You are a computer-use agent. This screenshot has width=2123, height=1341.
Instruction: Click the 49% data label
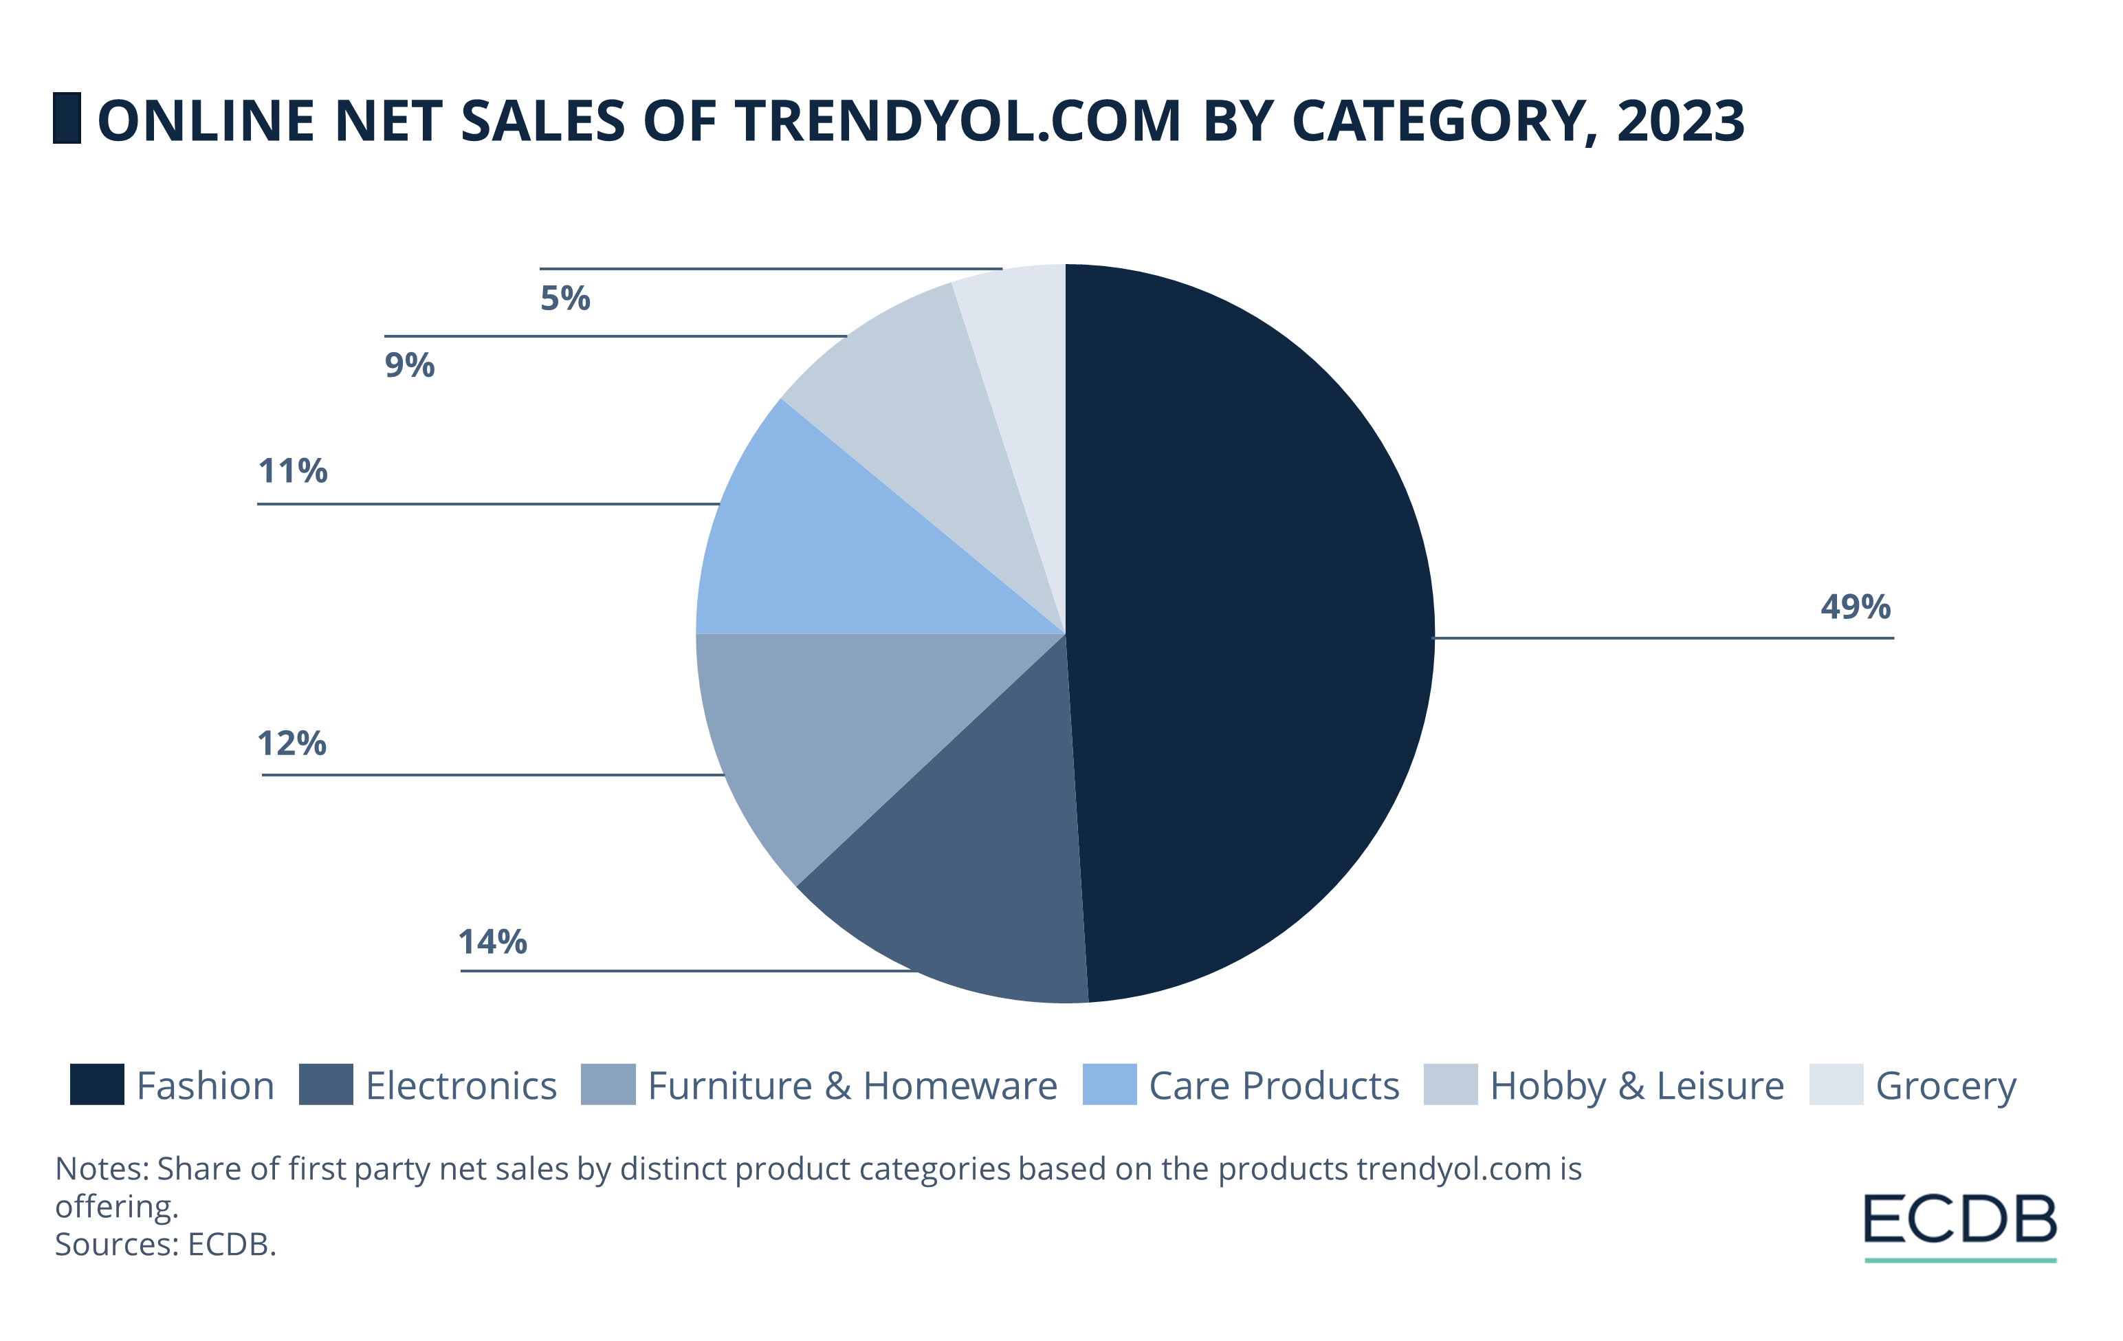pos(1855,607)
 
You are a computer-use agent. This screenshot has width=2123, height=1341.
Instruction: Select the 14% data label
pos(492,941)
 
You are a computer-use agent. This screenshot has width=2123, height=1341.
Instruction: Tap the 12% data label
pos(291,743)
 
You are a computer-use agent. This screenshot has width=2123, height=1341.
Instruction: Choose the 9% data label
pos(410,365)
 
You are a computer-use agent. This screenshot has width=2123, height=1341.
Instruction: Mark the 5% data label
pos(565,298)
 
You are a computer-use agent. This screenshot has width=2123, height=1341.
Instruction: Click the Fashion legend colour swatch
pos(97,1084)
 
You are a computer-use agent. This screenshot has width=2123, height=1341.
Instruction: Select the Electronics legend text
pos(461,1086)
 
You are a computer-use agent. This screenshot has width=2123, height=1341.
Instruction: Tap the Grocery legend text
pos(1945,1086)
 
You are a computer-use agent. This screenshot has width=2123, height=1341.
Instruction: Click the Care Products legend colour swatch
pos(1109,1084)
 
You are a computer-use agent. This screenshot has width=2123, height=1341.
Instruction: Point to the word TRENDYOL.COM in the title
pos(958,121)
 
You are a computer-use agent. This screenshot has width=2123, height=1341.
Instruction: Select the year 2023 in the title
pos(1680,121)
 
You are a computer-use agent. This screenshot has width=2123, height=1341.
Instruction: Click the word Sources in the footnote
pos(116,1244)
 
